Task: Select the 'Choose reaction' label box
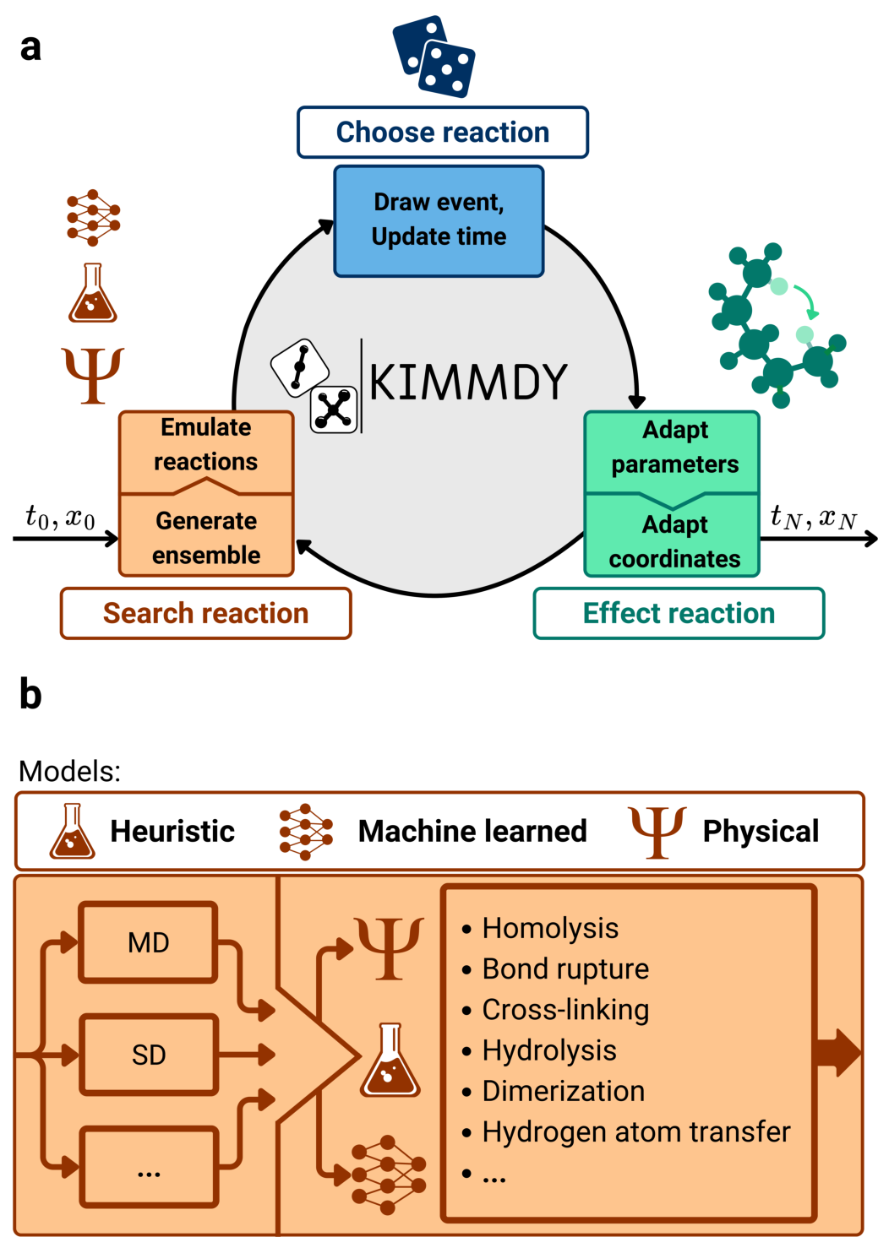click(442, 133)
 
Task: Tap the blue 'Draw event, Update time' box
click(439, 220)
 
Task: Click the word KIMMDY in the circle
click(468, 382)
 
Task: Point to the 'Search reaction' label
click(205, 613)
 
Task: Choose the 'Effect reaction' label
click(679, 613)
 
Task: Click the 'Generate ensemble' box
click(206, 537)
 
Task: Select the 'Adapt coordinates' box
click(673, 540)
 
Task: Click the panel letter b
click(30, 694)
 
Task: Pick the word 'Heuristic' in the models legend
click(172, 831)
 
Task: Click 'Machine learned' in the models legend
click(472, 831)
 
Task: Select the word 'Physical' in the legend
click(761, 831)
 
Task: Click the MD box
click(149, 942)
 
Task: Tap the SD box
click(149, 1055)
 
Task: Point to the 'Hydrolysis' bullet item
click(549, 1050)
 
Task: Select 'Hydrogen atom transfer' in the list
click(636, 1131)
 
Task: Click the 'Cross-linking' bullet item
click(565, 1010)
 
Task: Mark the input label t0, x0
click(60, 517)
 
